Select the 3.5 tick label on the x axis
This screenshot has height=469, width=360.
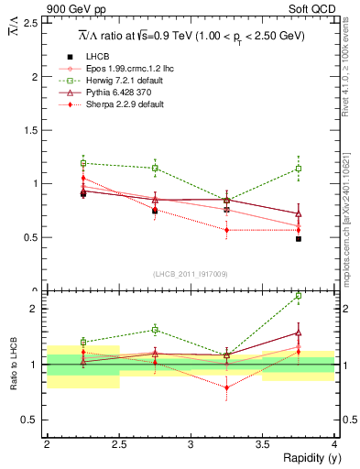click(x=263, y=443)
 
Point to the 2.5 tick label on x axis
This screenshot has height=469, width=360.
click(x=119, y=443)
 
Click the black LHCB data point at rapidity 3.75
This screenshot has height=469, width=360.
click(x=299, y=238)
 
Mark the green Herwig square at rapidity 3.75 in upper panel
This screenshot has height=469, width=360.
click(x=299, y=169)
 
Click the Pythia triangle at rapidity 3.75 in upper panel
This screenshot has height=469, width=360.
click(x=299, y=214)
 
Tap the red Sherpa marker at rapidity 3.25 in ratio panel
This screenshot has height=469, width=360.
click(x=226, y=387)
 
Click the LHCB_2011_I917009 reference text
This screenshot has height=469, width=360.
click(x=190, y=273)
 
